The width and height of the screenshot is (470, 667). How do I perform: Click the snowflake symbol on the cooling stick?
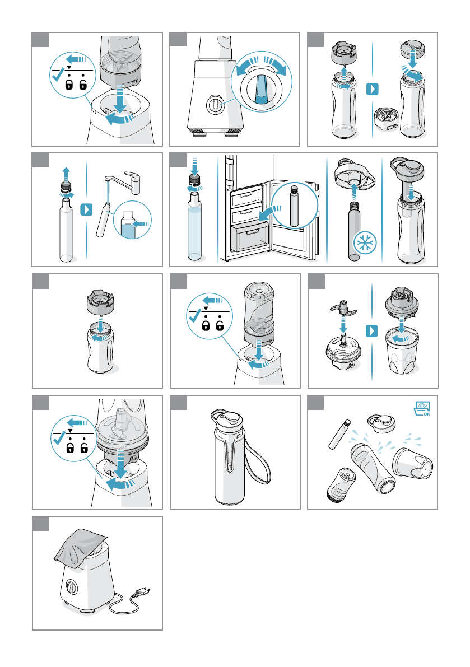tap(365, 244)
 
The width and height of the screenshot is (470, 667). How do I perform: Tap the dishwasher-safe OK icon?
tap(422, 408)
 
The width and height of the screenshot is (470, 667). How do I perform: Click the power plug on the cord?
tap(142, 593)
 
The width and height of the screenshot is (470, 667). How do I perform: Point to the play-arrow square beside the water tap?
tap(86, 209)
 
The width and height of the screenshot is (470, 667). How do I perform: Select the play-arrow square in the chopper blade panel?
tap(372, 330)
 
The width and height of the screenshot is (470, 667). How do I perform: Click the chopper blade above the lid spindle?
tap(343, 307)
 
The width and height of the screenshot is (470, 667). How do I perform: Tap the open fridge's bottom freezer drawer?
tap(250, 237)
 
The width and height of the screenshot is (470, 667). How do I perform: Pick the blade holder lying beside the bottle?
tap(386, 119)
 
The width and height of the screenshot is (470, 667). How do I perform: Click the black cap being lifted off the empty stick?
tap(66, 188)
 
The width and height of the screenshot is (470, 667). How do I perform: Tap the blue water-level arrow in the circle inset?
tap(141, 224)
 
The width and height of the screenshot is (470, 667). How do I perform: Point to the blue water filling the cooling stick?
tap(194, 232)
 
